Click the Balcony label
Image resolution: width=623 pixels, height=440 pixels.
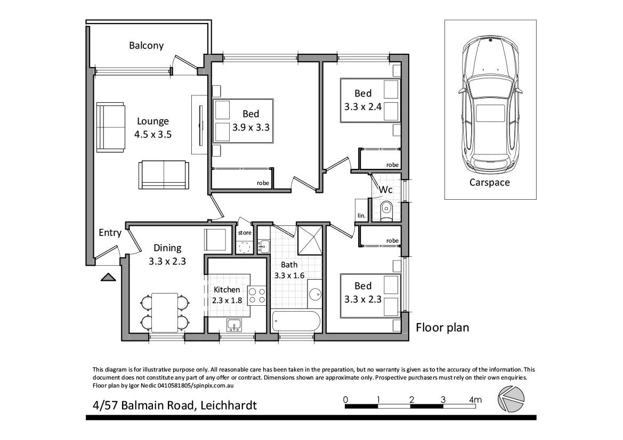click(x=146, y=46)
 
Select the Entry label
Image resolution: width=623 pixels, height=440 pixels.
click(x=110, y=233)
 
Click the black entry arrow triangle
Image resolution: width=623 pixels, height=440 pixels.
click(x=108, y=277)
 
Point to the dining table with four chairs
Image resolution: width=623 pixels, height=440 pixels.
click(x=165, y=313)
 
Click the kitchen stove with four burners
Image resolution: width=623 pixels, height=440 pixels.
click(x=257, y=296)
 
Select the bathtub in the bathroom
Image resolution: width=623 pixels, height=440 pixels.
click(x=296, y=321)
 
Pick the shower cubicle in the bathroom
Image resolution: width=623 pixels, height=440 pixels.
click(x=310, y=240)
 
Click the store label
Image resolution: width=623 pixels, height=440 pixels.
click(x=245, y=233)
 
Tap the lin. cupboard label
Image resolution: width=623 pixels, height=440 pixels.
click(x=361, y=216)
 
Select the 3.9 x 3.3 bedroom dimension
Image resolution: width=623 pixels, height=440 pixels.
click(x=251, y=127)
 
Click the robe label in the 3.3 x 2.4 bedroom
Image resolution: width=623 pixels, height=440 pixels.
click(x=392, y=165)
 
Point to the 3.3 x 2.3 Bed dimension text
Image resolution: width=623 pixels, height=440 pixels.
click(x=363, y=299)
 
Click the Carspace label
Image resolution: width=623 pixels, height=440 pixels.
click(x=489, y=182)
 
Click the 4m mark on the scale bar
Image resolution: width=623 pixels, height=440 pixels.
click(x=475, y=400)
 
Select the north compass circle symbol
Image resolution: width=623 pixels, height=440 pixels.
click(x=512, y=398)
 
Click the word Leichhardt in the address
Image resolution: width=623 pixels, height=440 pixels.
click(x=229, y=405)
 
